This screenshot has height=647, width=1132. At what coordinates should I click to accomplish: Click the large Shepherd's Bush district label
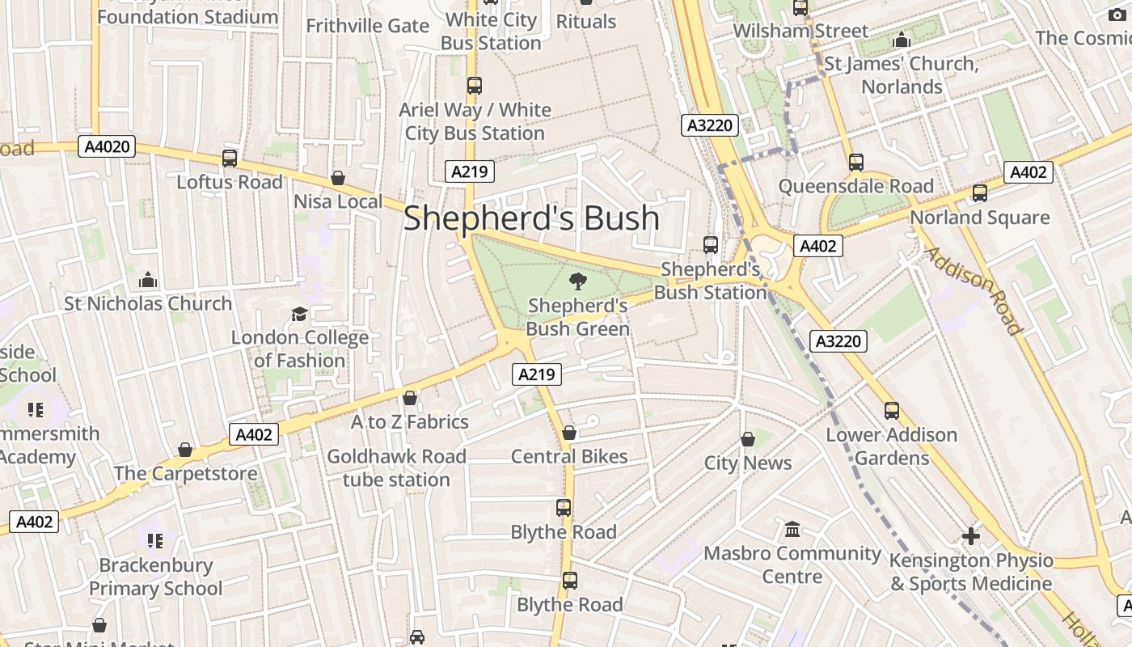[531, 218]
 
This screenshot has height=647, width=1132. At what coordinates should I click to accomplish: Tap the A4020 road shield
[107, 146]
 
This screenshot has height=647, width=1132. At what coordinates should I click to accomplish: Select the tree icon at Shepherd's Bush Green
[577, 281]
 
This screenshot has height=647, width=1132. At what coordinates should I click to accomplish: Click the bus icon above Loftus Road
[230, 159]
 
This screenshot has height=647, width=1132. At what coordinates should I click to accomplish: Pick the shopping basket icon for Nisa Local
[338, 178]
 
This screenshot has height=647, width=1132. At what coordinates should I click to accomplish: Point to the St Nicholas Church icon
[148, 280]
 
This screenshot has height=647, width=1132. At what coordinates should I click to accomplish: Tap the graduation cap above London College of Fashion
[300, 314]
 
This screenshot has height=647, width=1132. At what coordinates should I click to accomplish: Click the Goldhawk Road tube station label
[396, 467]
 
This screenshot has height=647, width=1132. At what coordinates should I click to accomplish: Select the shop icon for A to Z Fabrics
[410, 398]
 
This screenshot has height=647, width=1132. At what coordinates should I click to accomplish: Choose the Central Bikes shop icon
[569, 433]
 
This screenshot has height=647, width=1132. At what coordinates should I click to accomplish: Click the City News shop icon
[748, 439]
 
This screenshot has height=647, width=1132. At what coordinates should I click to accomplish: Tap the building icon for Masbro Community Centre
[792, 529]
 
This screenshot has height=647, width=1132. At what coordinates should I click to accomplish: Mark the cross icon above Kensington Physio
[971, 535]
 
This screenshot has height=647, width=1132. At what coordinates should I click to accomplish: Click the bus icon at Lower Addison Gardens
[892, 411]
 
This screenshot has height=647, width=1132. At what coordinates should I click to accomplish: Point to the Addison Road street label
[973, 290]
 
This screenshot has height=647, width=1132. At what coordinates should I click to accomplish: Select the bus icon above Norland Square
[980, 193]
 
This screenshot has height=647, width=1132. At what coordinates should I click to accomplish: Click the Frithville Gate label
[367, 26]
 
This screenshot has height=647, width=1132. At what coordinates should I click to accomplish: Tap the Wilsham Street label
[800, 31]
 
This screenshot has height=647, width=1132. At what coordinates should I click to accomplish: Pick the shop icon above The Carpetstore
[185, 450]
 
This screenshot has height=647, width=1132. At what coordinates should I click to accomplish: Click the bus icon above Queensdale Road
[856, 163]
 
